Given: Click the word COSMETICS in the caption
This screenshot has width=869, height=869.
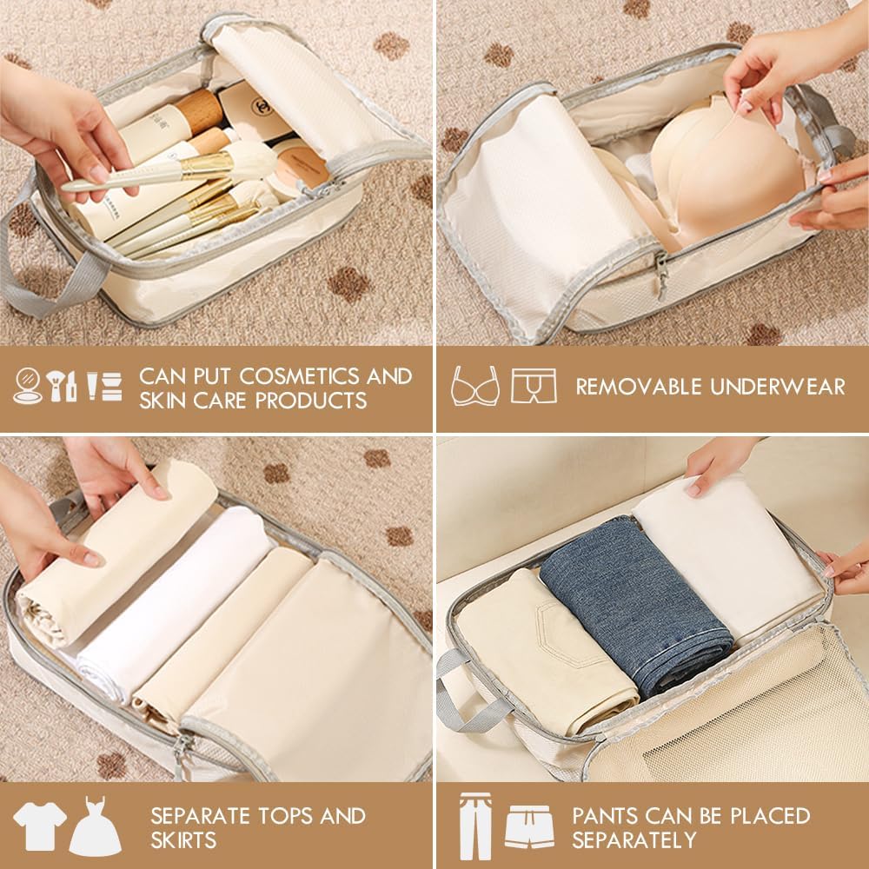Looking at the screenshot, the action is coord(299,376).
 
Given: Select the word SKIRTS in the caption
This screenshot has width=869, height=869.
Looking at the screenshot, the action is coord(182,840).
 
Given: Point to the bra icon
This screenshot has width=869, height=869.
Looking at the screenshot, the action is coord(475,386).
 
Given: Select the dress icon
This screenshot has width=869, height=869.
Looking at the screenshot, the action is coord(96,826).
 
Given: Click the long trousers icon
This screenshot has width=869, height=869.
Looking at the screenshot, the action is coord(475,826).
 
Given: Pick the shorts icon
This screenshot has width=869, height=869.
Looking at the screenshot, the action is coord(529,827).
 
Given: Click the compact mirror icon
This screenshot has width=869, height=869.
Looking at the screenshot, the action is coord(27,386).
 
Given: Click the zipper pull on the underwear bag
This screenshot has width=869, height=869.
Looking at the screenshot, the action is coord(661,275).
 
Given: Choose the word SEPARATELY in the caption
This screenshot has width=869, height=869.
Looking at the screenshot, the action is coord(634,840).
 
